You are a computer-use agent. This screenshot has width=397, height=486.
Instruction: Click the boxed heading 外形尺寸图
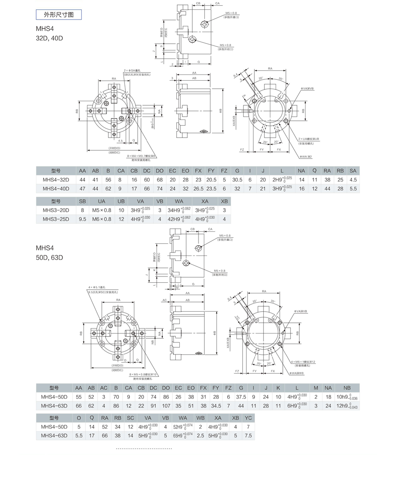click(59, 15)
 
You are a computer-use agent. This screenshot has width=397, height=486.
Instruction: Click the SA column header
click(353, 171)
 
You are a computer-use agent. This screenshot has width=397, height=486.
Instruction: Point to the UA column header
click(102, 201)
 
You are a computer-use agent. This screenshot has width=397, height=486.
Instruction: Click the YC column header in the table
click(248, 418)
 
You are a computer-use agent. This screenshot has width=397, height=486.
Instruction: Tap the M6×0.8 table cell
click(102, 219)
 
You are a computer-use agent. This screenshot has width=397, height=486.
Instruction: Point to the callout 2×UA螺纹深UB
click(309, 139)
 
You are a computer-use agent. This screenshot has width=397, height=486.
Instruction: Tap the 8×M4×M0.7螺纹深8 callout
click(141, 156)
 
